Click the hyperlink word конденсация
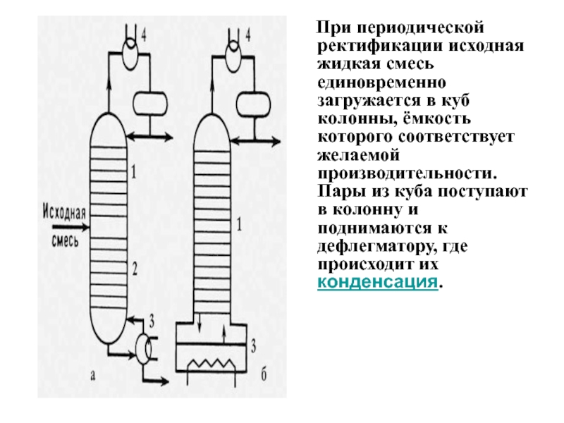(x=377, y=283)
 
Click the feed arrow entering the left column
(x=78, y=227)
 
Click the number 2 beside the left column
(x=133, y=267)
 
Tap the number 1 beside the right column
(x=240, y=225)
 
